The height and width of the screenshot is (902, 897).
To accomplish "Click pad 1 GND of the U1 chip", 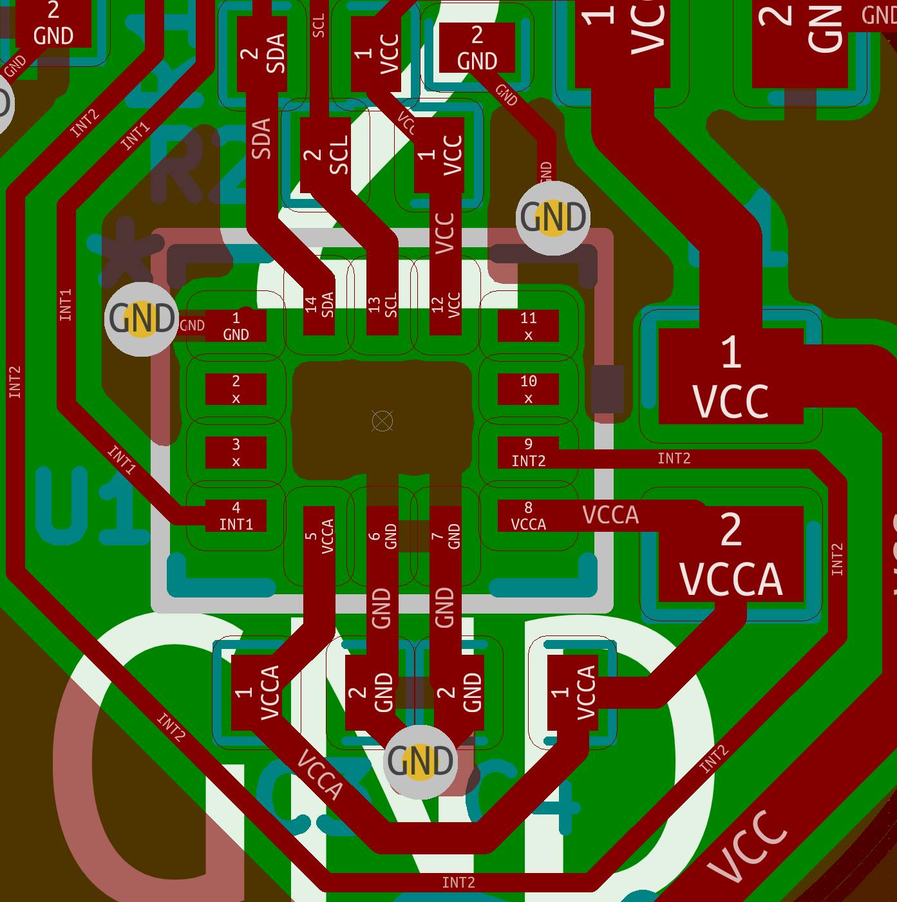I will click(236, 326).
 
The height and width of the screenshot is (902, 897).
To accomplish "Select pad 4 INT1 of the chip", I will click(236, 516).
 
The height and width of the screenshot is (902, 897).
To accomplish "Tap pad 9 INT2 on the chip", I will click(528, 453).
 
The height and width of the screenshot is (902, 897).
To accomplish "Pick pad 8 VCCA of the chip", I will click(528, 516).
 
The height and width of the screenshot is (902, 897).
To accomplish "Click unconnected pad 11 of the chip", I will click(528, 326).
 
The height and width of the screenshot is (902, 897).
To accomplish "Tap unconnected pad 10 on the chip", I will click(528, 390).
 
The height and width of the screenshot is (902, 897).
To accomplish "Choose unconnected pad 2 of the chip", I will click(236, 390).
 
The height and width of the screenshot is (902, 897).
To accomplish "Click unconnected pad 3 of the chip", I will click(236, 453).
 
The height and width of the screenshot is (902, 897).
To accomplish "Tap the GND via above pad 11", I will click(553, 218).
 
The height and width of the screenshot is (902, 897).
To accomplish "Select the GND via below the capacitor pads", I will click(420, 762).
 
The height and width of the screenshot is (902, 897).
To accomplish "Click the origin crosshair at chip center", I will click(382, 421).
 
